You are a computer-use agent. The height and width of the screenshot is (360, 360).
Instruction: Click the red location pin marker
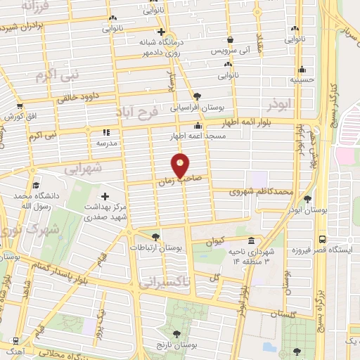click(181, 165)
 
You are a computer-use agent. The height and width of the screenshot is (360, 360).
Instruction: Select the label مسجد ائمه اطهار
click(196, 136)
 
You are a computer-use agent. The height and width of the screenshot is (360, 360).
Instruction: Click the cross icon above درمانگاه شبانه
click(161, 32)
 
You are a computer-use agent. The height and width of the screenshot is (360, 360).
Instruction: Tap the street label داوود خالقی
click(75, 98)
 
